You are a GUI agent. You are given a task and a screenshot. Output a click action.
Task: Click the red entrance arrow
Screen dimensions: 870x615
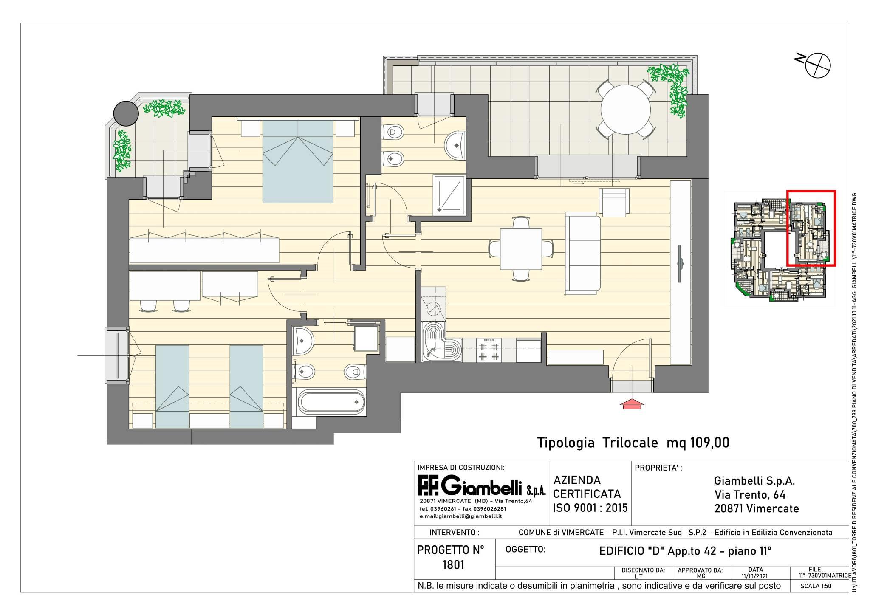pyautogui.click(x=633, y=404)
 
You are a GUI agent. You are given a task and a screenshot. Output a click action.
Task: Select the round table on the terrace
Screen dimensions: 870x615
pyautogui.click(x=625, y=110)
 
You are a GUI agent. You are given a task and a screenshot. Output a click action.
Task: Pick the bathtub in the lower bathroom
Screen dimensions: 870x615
pyautogui.click(x=331, y=401)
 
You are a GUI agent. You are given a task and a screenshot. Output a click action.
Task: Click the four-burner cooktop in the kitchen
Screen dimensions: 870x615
pyautogui.click(x=489, y=350)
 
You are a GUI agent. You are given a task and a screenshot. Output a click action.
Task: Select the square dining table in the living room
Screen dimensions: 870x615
pyautogui.click(x=521, y=249)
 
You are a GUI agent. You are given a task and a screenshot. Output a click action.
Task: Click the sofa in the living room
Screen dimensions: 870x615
pyautogui.click(x=583, y=254)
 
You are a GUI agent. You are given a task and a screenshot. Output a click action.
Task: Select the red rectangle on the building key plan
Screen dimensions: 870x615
pyautogui.click(x=811, y=228)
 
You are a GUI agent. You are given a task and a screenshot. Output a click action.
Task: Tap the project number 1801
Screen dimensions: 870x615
pyautogui.click(x=453, y=564)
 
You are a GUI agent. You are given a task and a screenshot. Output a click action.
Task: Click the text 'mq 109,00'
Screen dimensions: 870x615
pyautogui.click(x=698, y=443)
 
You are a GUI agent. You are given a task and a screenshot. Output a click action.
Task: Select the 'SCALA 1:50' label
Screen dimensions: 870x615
pyautogui.click(x=816, y=586)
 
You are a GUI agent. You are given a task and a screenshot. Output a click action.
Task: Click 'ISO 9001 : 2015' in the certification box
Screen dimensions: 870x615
pyautogui.click(x=590, y=508)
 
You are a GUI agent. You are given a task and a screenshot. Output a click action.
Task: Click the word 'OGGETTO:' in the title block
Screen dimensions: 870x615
pyautogui.click(x=525, y=550)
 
